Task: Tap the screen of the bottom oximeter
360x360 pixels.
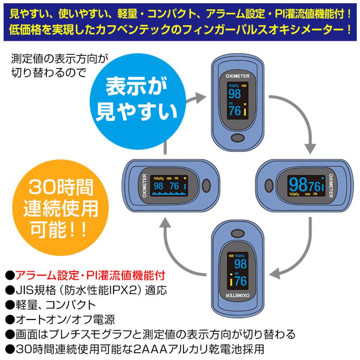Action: click(x=238, y=270)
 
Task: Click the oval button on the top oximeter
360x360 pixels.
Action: click(x=238, y=138)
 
